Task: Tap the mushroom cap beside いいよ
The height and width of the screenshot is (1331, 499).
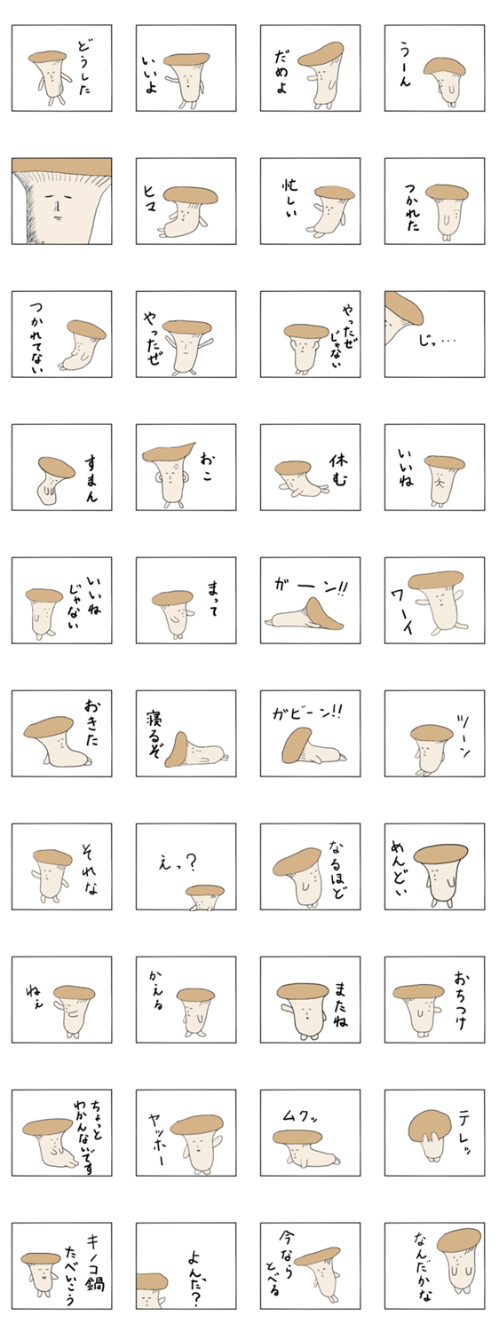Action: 188,59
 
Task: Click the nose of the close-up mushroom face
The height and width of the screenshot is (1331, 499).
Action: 57,208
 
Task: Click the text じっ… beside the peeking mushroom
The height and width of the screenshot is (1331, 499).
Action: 437,341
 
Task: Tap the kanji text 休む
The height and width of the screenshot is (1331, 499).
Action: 338,470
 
